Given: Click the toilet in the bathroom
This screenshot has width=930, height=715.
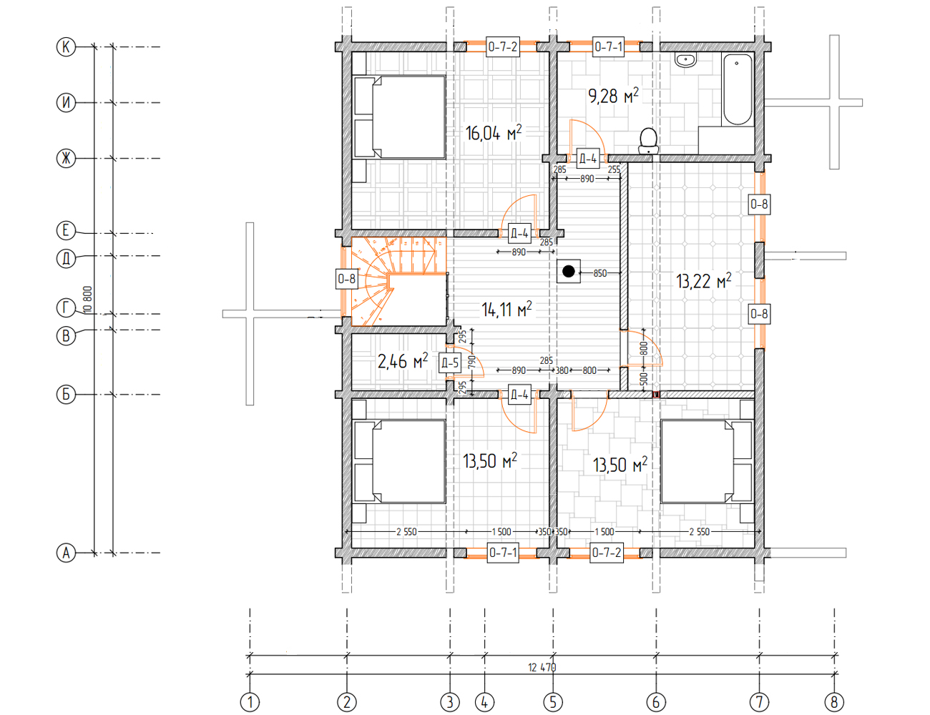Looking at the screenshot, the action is tap(648, 141).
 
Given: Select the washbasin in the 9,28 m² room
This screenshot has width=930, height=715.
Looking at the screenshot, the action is tap(686, 60).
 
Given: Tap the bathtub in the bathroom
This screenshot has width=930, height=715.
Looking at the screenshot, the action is tap(738, 89).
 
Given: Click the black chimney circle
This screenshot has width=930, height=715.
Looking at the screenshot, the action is tap(568, 271).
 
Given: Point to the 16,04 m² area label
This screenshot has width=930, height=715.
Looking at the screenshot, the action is tap(494, 133).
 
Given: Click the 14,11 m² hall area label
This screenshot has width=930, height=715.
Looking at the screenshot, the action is tap(506, 309).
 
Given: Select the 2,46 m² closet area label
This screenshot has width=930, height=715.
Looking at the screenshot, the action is tap(403, 361).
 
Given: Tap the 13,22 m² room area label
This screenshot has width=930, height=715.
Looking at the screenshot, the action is tap(704, 281).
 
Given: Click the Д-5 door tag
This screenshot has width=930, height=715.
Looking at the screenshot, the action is tap(450, 363).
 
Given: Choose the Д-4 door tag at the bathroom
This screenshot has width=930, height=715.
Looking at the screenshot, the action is tap(587, 159).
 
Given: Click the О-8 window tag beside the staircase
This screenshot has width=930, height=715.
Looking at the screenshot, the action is tap(347, 280).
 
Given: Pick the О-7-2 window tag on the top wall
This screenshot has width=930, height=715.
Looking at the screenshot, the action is tap(503, 46).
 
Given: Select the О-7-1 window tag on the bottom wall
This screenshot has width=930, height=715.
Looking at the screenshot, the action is tap(503, 553).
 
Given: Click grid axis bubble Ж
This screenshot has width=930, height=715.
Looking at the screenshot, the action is tap(66, 159).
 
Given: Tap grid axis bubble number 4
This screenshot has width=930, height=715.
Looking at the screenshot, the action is tap(484, 702).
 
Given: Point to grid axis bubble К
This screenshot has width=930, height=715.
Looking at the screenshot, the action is tap(66, 46).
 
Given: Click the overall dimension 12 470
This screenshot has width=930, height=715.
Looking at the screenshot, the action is tap(542, 668).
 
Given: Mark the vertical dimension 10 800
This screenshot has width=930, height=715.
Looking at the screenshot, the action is tap(88, 300).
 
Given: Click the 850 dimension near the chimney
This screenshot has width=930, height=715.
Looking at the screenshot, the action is tap(600, 273).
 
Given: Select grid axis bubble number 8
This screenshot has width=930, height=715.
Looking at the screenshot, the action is tap(834, 702).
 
